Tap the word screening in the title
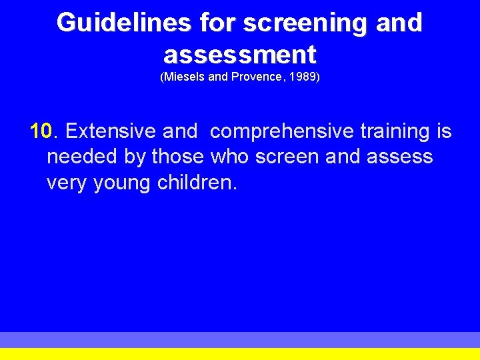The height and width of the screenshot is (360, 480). (304, 23)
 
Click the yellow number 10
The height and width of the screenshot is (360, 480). (41, 131)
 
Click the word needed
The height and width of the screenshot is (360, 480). (80, 157)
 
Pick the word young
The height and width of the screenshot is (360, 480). (122, 183)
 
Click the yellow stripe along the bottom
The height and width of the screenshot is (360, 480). (240, 354)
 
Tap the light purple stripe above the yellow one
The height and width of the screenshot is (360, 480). (240, 339)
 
